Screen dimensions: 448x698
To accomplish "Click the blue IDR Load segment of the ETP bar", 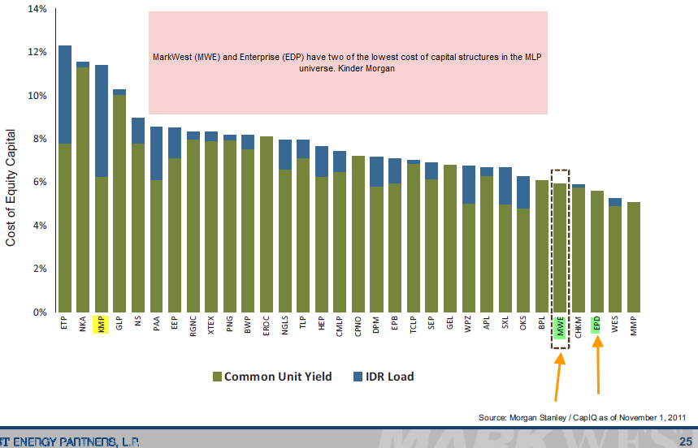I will point(65,94).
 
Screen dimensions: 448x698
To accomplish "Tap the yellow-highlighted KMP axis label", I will point(102,325).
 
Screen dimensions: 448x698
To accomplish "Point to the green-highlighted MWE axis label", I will point(560,327).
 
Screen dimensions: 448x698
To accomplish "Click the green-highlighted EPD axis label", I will point(596,325).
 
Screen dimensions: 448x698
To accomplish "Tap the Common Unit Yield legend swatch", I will point(216,377).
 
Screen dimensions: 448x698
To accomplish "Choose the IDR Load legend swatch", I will point(359,377).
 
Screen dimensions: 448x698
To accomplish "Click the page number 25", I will point(684,441).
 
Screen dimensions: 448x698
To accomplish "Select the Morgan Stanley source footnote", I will point(583,417).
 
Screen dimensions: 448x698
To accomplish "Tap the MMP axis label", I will point(634,324).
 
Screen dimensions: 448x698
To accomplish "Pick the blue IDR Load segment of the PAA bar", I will point(157,153).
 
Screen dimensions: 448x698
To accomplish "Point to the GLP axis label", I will point(120,324).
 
